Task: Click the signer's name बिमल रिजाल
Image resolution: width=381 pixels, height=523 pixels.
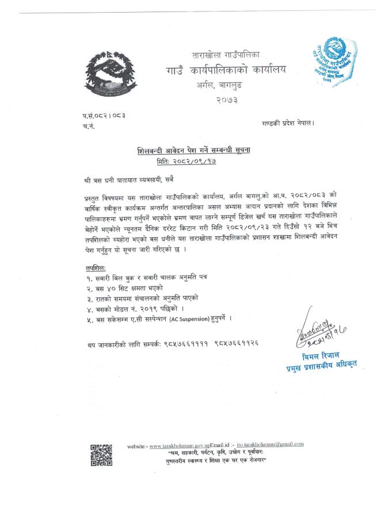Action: click(x=318, y=357)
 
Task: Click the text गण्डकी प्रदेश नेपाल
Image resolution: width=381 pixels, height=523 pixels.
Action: click(x=287, y=124)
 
